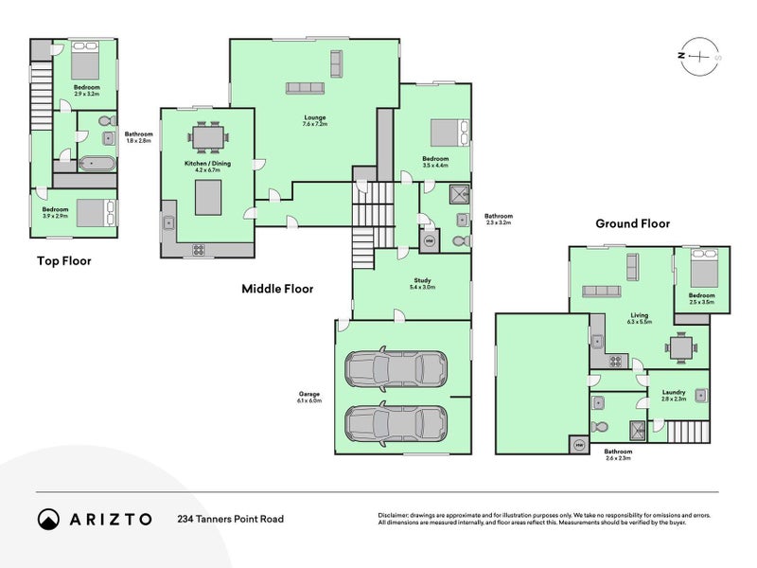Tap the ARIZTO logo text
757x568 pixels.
(x=109, y=519)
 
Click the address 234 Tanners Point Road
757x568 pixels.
(x=230, y=519)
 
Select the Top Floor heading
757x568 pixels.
(x=63, y=260)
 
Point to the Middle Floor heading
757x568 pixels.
(x=277, y=289)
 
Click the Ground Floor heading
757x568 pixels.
(x=632, y=224)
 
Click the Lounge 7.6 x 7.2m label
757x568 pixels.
(x=314, y=120)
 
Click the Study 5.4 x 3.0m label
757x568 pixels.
(x=422, y=283)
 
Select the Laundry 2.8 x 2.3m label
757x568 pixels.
(x=673, y=396)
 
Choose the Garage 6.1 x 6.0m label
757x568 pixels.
(x=308, y=398)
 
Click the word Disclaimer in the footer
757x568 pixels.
(x=395, y=514)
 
